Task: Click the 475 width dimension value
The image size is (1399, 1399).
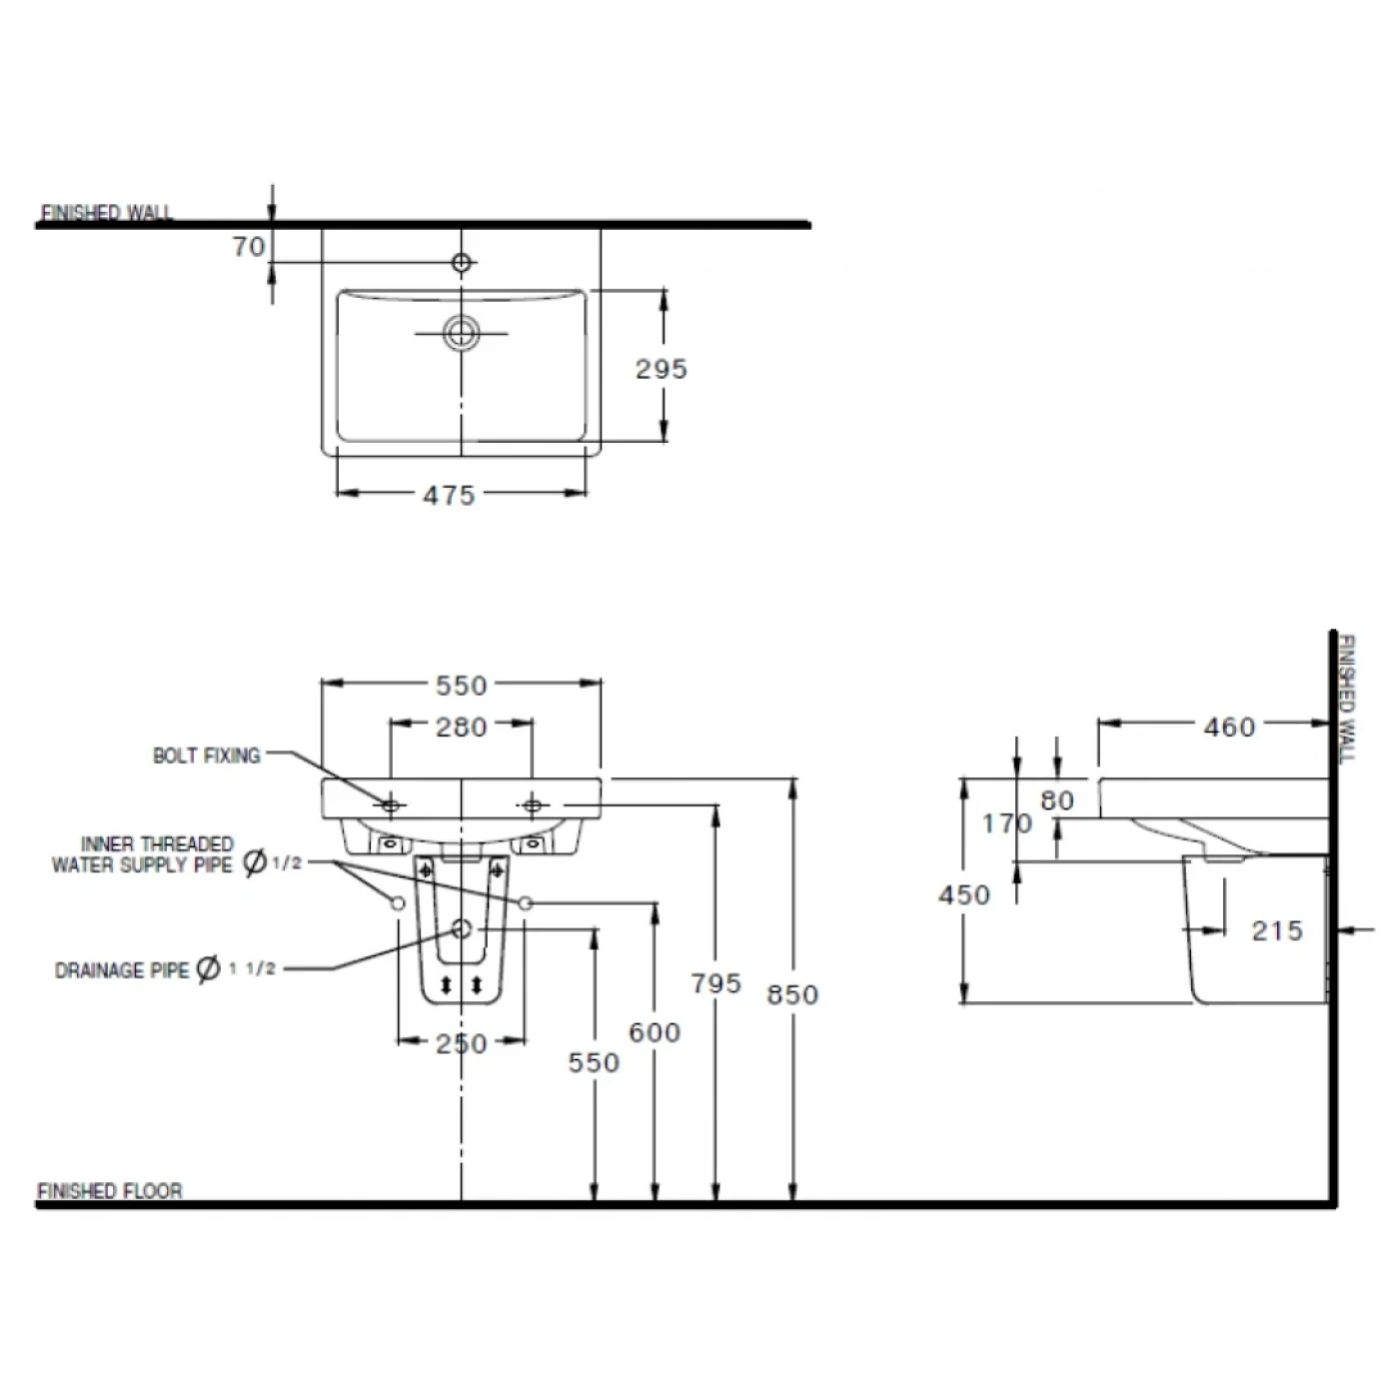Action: point(449,495)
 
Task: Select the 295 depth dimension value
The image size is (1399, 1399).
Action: point(661,369)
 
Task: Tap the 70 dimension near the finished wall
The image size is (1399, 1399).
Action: point(249,246)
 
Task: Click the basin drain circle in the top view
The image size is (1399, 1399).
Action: point(462,332)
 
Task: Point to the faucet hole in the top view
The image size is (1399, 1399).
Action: point(462,263)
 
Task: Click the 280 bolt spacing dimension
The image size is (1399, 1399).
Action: point(461,726)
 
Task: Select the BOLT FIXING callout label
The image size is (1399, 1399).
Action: point(206,755)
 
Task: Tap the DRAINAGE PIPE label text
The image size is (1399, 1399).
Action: point(121,970)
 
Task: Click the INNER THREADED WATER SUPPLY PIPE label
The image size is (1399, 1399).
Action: point(143,854)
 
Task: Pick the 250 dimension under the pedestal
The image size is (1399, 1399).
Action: point(461,1043)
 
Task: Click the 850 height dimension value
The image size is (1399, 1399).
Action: point(792,994)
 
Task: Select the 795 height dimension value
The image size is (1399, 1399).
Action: point(715,983)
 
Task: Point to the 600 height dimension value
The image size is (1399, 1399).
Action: point(655,1031)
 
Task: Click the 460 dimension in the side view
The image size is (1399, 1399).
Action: point(1229,726)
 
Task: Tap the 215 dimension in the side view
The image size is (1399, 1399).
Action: point(1277,931)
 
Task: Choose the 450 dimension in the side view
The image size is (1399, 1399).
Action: point(964,894)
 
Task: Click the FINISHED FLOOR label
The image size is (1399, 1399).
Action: point(110,1191)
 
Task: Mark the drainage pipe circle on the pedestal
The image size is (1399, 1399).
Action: point(461,929)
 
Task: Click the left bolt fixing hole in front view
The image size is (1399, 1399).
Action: point(391,804)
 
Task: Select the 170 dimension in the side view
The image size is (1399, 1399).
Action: point(1005,822)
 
